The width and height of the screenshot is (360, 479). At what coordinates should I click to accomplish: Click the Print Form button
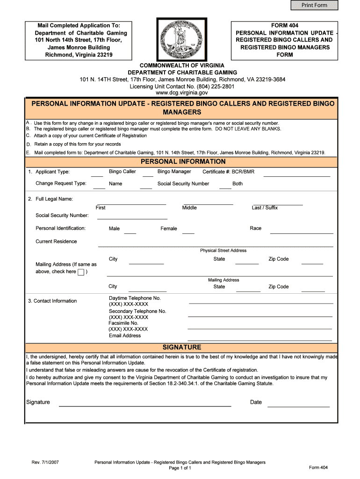coord(314,5)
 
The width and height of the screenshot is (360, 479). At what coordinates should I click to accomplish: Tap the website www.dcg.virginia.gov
coord(181,93)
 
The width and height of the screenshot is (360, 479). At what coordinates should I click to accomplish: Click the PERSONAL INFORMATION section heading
coord(180,161)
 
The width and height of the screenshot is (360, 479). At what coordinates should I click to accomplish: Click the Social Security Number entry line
coord(132,218)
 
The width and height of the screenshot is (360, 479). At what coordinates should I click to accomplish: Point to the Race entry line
coord(302,232)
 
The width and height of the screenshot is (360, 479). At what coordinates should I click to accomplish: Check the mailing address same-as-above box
coord(81,272)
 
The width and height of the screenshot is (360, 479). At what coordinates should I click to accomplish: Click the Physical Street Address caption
coord(223,251)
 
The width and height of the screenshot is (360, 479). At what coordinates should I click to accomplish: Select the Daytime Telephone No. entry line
coord(260,303)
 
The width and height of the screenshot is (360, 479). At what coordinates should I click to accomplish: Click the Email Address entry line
coord(260,339)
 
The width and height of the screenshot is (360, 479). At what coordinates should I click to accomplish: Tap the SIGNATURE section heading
coord(181,347)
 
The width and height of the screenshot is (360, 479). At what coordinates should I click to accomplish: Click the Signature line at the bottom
coord(144,406)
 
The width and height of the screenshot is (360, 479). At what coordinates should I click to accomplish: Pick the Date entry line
coord(298,406)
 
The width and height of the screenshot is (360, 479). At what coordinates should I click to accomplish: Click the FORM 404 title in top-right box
coord(285,25)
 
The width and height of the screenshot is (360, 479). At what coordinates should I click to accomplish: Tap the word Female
coord(169,229)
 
